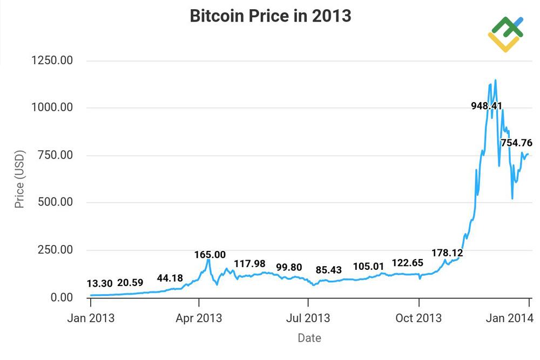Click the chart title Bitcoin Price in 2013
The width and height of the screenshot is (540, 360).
(270, 16)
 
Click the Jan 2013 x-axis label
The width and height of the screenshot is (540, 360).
(91, 318)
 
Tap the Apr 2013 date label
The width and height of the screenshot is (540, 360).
(199, 318)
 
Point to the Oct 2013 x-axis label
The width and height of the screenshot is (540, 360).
(418, 318)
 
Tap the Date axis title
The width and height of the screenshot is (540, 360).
(309, 338)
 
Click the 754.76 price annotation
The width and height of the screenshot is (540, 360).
(516, 143)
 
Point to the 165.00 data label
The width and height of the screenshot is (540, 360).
(211, 254)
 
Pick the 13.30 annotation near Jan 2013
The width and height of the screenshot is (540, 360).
(100, 284)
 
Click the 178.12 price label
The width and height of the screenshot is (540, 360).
(447, 253)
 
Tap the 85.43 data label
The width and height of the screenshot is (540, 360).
(328, 269)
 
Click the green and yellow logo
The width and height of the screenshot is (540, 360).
(505, 33)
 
